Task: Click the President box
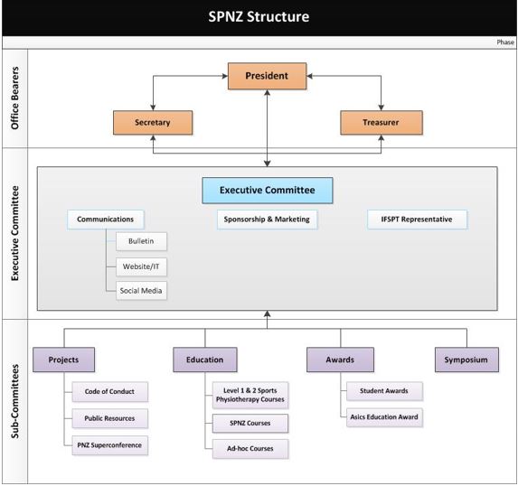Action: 267,76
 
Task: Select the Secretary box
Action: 153,123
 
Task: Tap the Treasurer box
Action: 381,123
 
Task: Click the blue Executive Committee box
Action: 268,191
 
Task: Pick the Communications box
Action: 106,220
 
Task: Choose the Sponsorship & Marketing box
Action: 267,220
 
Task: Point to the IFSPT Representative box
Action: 417,220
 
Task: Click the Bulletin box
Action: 141,241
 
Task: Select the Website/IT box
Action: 141,266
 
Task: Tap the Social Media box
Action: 141,291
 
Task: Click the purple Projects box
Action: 64,360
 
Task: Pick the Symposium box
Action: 466,360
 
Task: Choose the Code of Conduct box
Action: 109,391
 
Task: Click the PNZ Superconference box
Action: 109,445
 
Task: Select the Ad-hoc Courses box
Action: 250,449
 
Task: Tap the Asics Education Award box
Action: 384,417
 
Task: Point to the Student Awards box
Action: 384,391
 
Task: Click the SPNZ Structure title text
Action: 259,17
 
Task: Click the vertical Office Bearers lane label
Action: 14,98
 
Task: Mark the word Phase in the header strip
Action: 505,42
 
